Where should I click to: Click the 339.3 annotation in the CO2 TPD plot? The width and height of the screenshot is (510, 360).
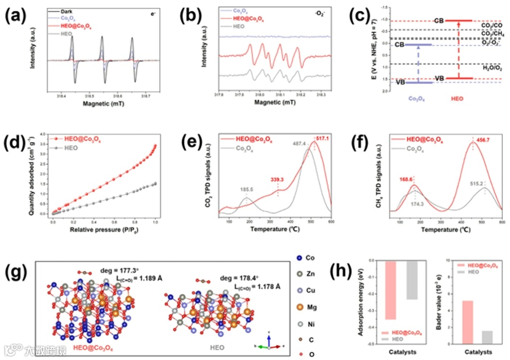click(277, 180)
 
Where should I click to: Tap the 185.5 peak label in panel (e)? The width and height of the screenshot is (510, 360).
click(246, 189)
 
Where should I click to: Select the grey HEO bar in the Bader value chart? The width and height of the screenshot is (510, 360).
click(487, 337)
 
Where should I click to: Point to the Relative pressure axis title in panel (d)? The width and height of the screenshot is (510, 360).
click(107, 230)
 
